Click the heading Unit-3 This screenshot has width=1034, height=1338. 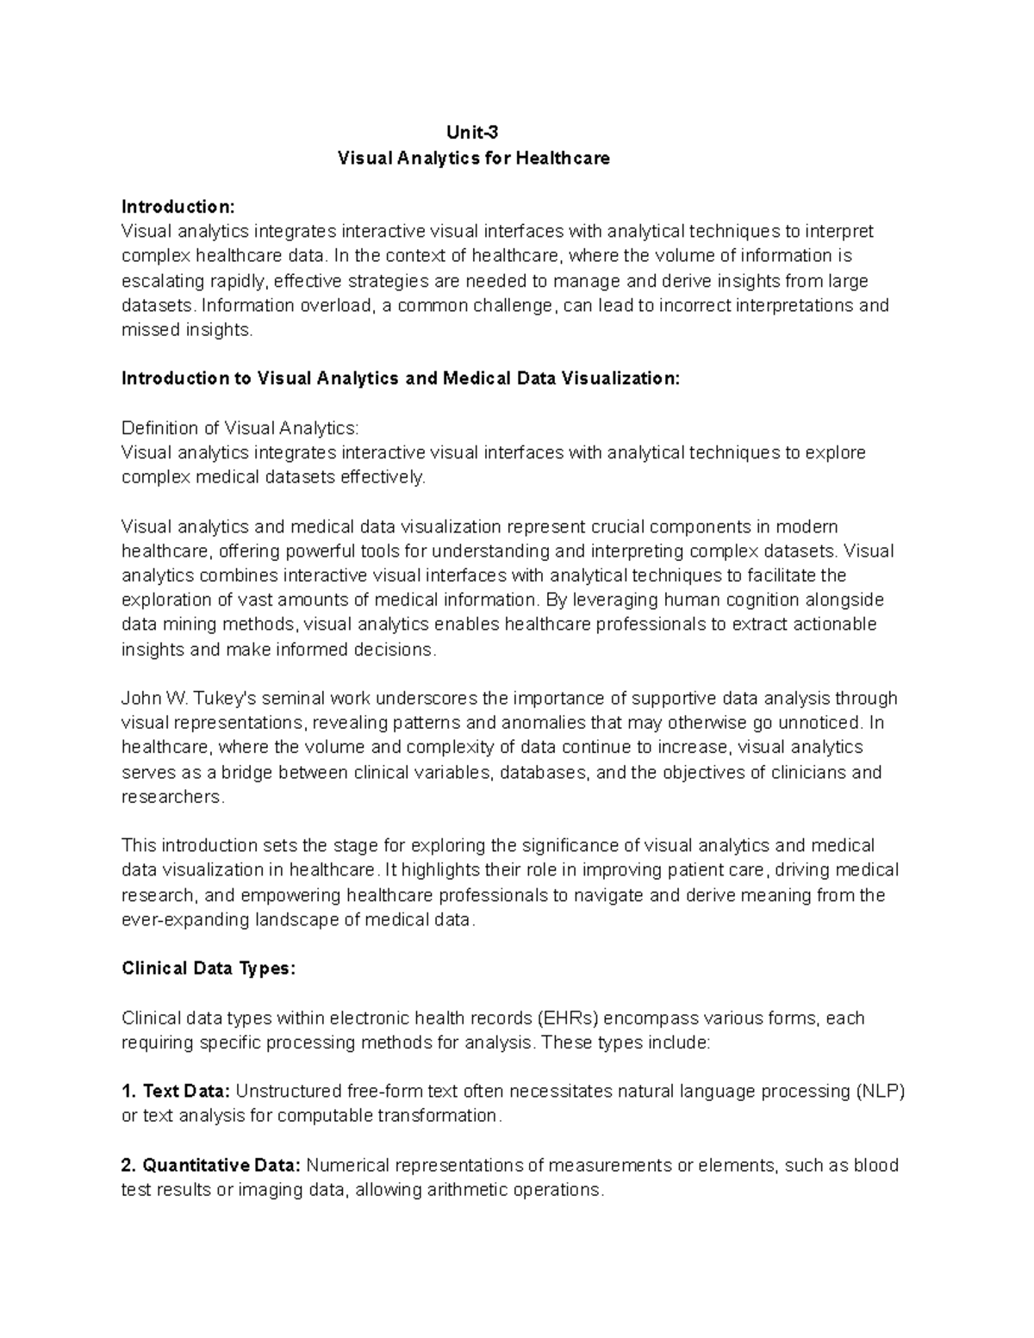point(472,133)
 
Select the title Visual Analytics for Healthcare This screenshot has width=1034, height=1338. point(473,159)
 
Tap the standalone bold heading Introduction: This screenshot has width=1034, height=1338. point(178,207)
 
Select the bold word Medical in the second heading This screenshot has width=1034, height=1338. point(477,378)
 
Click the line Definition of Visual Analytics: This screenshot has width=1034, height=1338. point(240,428)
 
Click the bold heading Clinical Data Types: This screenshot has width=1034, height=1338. point(209,969)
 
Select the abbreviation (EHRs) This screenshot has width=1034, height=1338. point(567,1018)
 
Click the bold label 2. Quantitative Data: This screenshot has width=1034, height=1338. point(211,1166)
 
